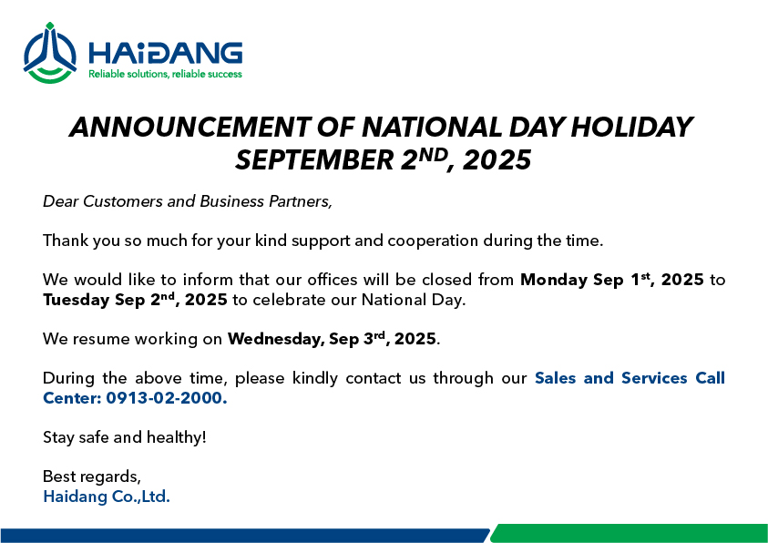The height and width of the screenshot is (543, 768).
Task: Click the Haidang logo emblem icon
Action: [x=49, y=53]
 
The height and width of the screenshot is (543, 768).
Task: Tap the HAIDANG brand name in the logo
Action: [x=165, y=54]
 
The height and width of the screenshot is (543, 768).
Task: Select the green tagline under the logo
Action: [x=165, y=75]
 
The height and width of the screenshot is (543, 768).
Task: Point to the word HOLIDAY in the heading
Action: [x=631, y=128]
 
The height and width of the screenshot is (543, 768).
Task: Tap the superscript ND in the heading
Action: [x=433, y=155]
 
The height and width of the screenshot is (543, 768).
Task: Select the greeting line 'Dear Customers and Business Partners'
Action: [x=188, y=201]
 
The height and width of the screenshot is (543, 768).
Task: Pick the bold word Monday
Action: [x=554, y=280]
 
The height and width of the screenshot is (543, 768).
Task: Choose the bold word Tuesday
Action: [x=76, y=300]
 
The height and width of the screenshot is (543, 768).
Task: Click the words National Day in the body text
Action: [x=413, y=300]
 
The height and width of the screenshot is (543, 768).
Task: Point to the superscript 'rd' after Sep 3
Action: [x=379, y=335]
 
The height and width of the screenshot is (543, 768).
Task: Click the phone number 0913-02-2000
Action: [x=167, y=398]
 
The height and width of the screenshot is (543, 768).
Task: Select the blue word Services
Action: [x=654, y=378]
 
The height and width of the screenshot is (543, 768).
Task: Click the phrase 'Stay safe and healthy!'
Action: [x=125, y=437]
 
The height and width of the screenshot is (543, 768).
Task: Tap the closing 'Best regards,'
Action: [x=92, y=476]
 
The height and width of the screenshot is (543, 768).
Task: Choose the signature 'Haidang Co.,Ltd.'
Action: [x=107, y=497]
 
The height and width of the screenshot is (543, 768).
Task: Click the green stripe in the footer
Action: [x=629, y=533]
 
